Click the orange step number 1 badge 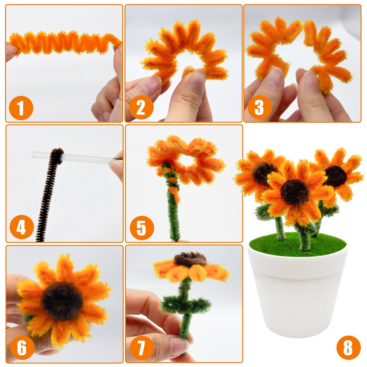[x=21, y=108]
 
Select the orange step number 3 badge [x=259, y=108]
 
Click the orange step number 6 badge [x=22, y=347]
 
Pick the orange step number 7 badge [x=142, y=347]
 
